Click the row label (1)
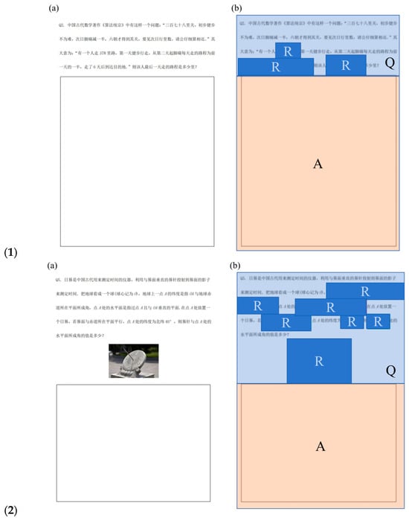click(10, 252)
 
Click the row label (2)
click(10, 510)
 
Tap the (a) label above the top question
click(53, 8)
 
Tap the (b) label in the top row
click(237, 8)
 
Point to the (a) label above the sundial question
click(53, 265)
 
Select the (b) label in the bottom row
click(237, 265)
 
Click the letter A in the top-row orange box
click(318, 164)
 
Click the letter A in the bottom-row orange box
click(321, 446)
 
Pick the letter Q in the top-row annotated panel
click(390, 63)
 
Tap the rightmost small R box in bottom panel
click(378, 321)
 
